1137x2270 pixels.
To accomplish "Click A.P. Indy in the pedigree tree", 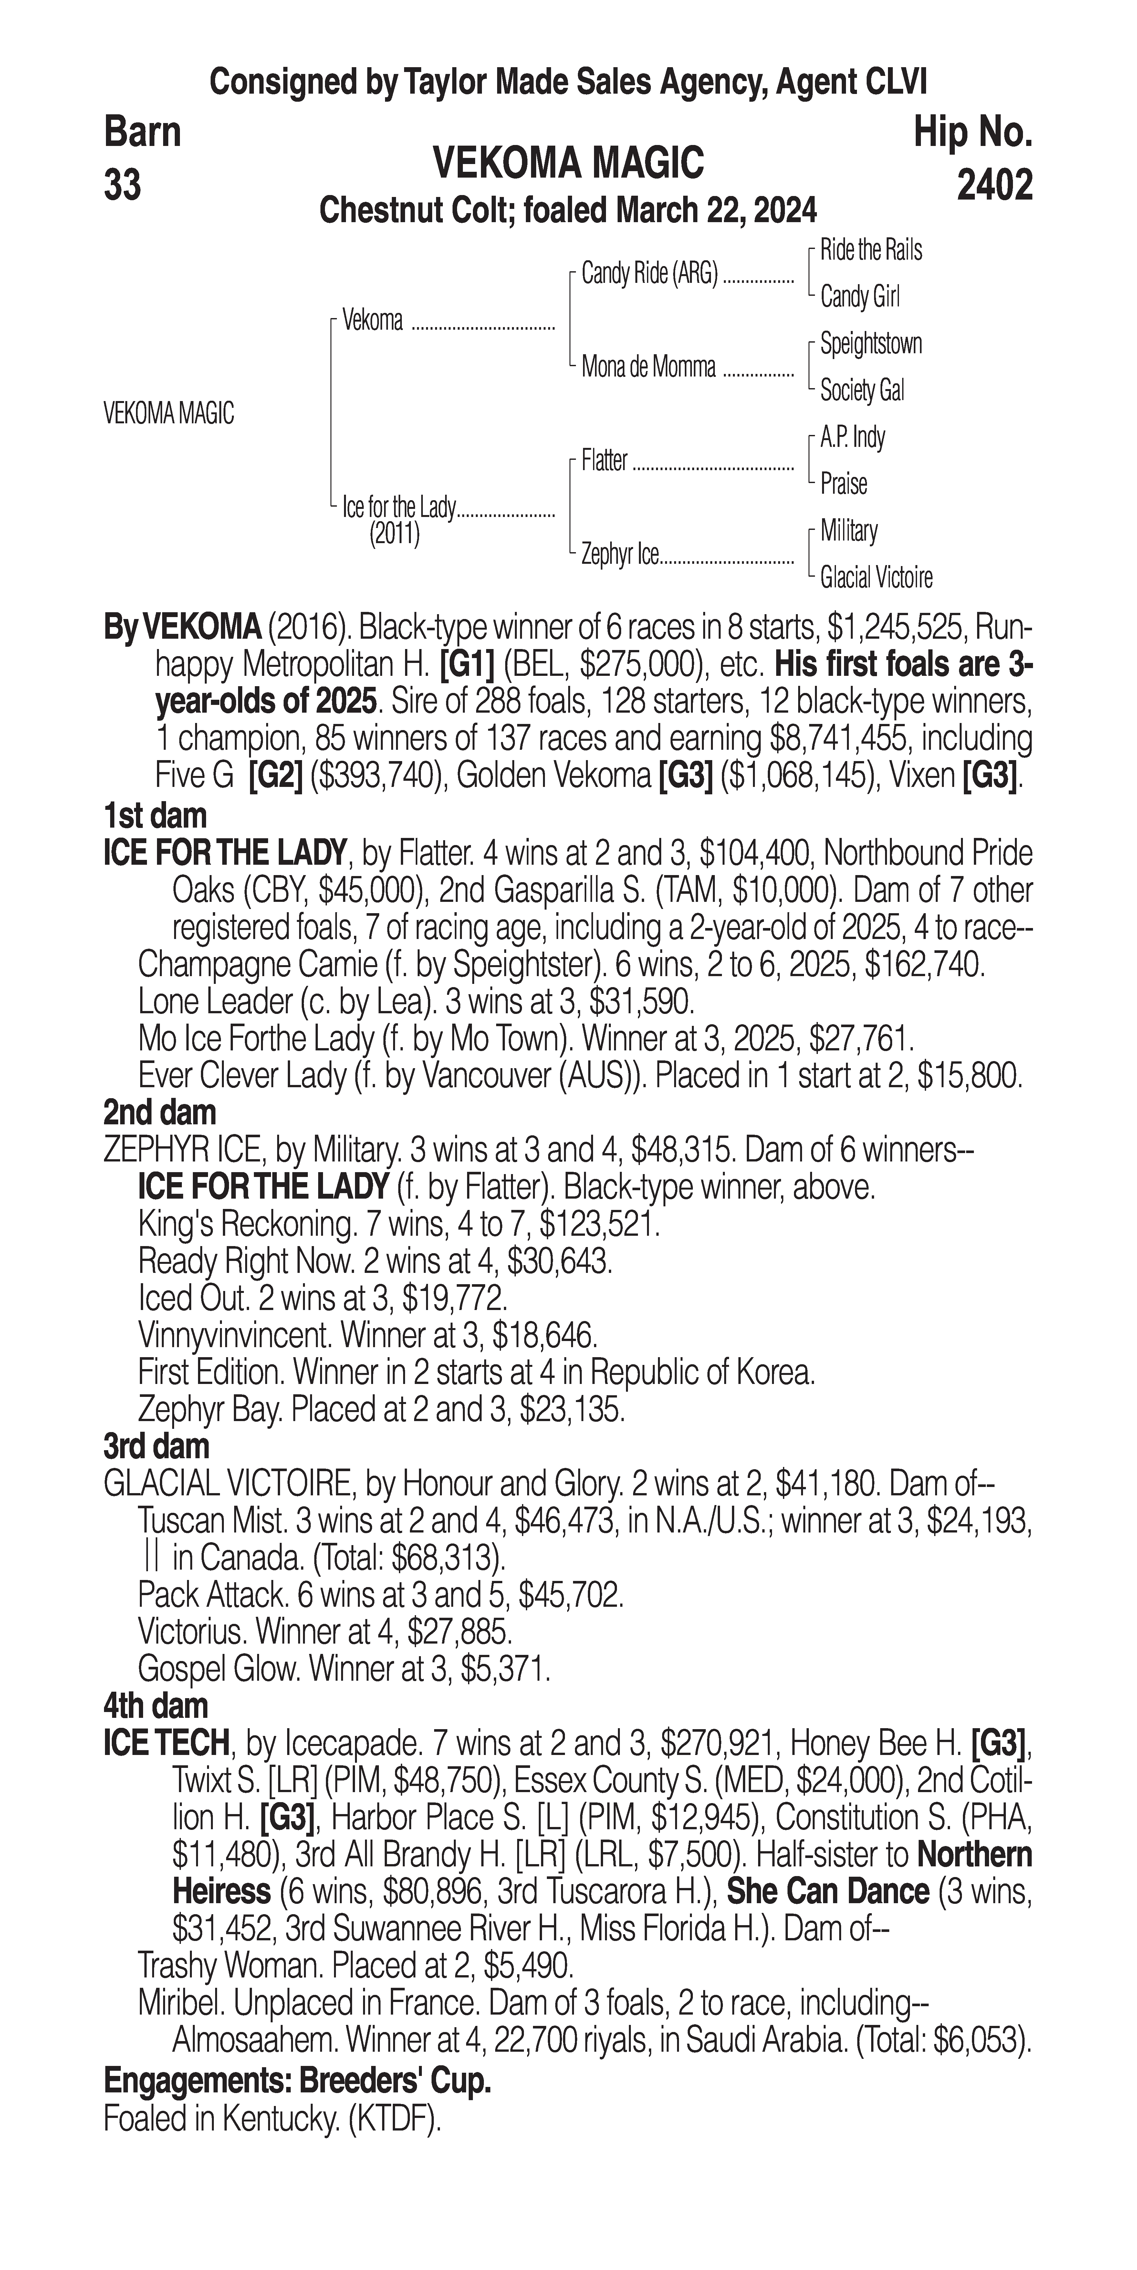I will click(852, 437).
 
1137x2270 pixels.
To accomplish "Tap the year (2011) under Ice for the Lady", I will click(394, 534).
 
